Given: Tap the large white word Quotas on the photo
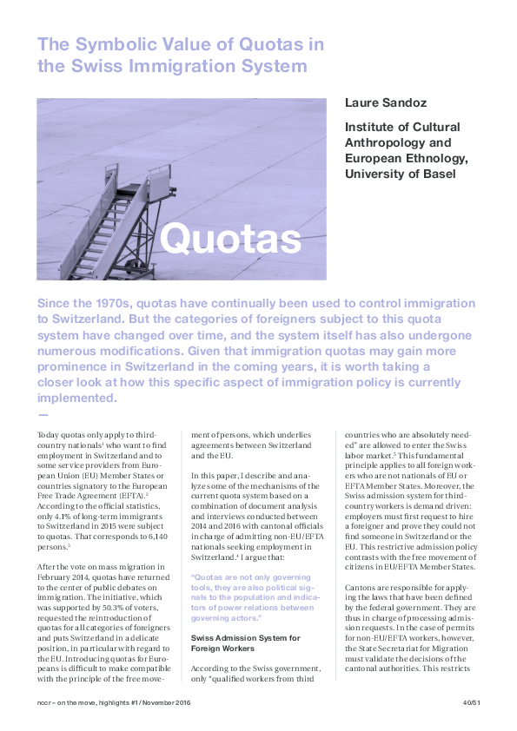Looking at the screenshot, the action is click(x=231, y=238).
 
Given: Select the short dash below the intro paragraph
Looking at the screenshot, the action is click(x=43, y=415).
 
